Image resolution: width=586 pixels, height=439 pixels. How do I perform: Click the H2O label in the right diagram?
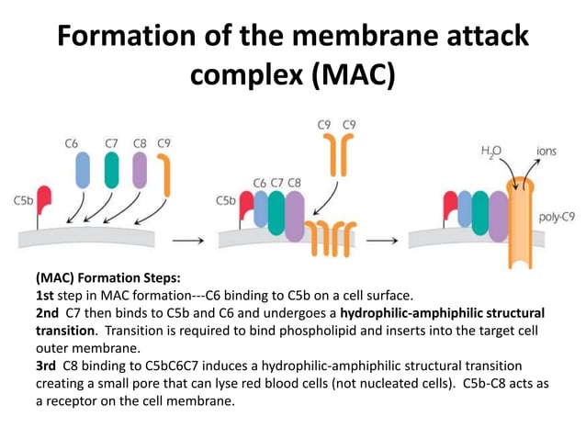pyautogui.click(x=492, y=149)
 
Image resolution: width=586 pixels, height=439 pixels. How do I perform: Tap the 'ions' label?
pyautogui.click(x=547, y=149)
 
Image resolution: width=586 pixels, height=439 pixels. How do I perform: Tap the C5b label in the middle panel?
pyautogui.click(x=226, y=199)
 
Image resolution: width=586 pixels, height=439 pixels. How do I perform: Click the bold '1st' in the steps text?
pyautogui.click(x=47, y=295)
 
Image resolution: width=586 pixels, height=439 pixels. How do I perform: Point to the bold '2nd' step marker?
pyautogui.click(x=49, y=312)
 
